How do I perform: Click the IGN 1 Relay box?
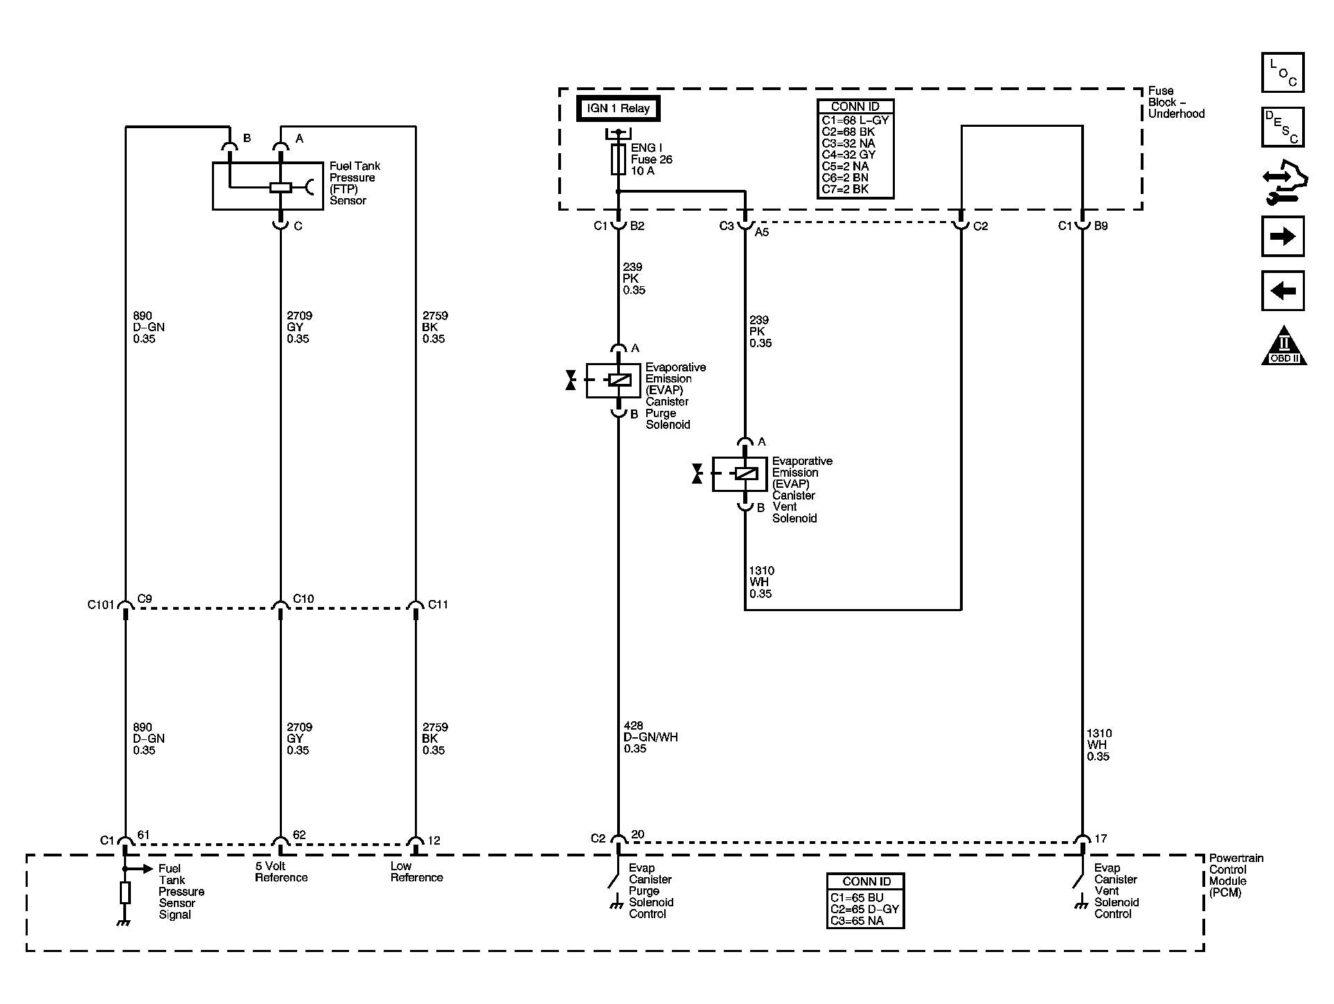618,108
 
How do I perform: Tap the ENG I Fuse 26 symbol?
618,159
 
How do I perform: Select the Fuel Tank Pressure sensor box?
267,186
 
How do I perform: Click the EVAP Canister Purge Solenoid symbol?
613,380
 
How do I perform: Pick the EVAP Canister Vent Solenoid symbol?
740,474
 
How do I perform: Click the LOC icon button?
1283,73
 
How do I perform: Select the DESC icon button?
1283,127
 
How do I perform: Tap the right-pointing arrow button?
1283,236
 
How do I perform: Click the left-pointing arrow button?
1283,290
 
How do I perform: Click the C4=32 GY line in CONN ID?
849,155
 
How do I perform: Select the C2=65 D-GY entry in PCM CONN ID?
864,909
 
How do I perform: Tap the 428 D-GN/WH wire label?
650,737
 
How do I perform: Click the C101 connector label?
100,605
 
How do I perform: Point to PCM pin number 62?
299,835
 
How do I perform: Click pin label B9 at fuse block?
1101,226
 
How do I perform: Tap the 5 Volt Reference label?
281,872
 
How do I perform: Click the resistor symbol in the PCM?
125,893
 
